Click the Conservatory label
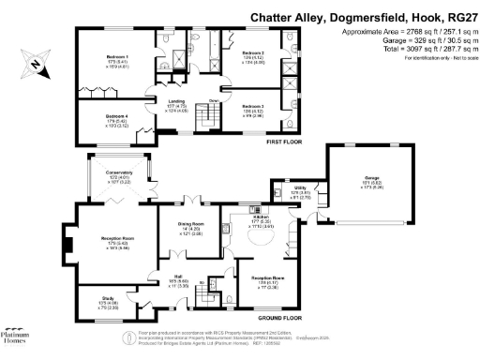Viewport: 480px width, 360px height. click(119, 173)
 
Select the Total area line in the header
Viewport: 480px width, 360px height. click(413, 49)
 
